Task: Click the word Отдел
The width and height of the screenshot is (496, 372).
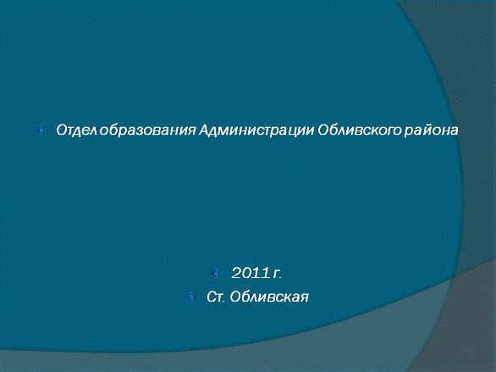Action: coord(76,130)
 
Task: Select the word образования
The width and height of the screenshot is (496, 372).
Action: coord(147,130)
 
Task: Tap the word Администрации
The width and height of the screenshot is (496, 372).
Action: coord(256,130)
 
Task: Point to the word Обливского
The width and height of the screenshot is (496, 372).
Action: coord(360,130)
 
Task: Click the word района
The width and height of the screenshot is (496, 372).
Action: coord(431,130)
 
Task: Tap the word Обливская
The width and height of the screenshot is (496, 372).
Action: coord(269,297)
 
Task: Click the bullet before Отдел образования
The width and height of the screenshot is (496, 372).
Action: coord(41,130)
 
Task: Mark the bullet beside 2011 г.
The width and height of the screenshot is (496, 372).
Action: coord(216,273)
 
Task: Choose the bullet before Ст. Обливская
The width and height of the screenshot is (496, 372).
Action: coord(191,297)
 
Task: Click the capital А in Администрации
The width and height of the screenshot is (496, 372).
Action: coord(204,130)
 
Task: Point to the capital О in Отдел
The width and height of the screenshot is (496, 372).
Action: coord(62,130)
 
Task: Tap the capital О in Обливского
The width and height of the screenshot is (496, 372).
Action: coord(322,130)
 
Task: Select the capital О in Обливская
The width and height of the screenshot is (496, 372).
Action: coord(235,297)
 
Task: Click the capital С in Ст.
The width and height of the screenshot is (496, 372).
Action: coord(212,297)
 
